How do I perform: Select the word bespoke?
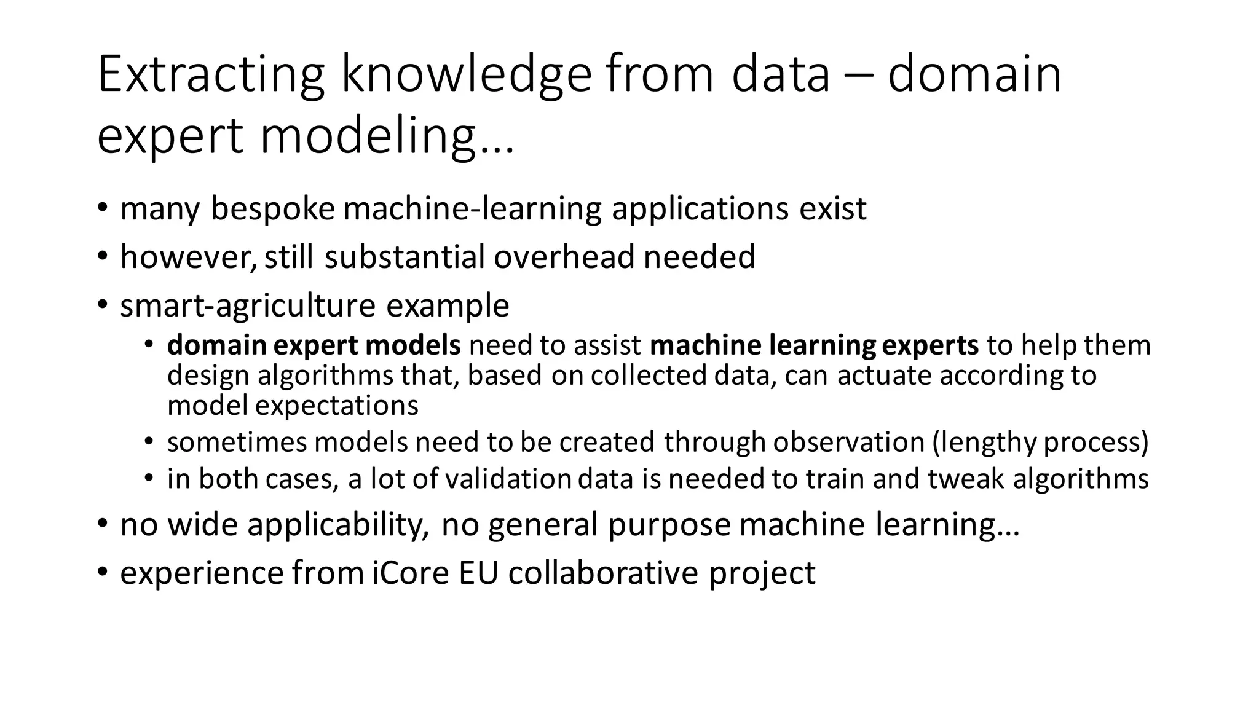[x=272, y=209]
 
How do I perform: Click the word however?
[x=187, y=257]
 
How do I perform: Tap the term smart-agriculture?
[x=248, y=305]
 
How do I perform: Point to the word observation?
[x=848, y=442]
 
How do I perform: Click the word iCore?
[x=411, y=573]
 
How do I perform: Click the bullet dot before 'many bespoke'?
[x=102, y=208]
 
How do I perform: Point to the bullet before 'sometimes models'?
[x=149, y=441]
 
